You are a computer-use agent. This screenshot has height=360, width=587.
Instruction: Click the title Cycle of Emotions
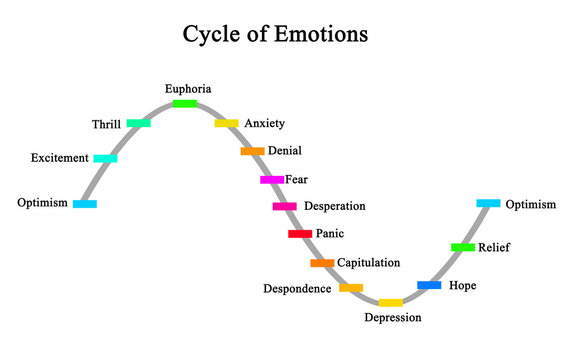coord(275,34)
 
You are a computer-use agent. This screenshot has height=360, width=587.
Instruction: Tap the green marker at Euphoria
coord(185,104)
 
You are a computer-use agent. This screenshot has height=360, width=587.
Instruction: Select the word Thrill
coord(106,124)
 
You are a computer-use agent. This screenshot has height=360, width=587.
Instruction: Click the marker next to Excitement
coord(105,158)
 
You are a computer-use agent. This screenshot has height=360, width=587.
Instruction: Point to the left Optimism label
coord(43,203)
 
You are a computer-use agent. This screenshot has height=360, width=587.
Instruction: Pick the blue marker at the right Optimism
coord(488,203)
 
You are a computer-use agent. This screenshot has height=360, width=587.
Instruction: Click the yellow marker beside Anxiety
coord(227,123)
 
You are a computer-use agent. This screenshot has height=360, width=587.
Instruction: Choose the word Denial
coord(285,151)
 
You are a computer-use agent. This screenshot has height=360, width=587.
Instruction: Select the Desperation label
coord(334,206)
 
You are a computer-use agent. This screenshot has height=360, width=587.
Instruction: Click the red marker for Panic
coord(300,233)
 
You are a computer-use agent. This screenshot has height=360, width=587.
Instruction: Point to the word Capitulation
coord(368,262)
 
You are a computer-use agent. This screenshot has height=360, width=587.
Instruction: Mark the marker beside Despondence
coord(351,288)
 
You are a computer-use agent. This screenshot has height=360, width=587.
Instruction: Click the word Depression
coord(392,318)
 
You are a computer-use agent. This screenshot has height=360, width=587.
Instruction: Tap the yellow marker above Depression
coord(390,302)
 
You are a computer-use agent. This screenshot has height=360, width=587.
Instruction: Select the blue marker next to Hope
coord(429,285)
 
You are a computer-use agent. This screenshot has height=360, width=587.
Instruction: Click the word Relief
coord(494,246)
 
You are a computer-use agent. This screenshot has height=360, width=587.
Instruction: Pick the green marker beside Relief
coord(463,247)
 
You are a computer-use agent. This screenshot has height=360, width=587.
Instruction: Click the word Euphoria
coord(188,89)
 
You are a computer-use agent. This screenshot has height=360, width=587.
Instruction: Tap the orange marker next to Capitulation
coord(322,263)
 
